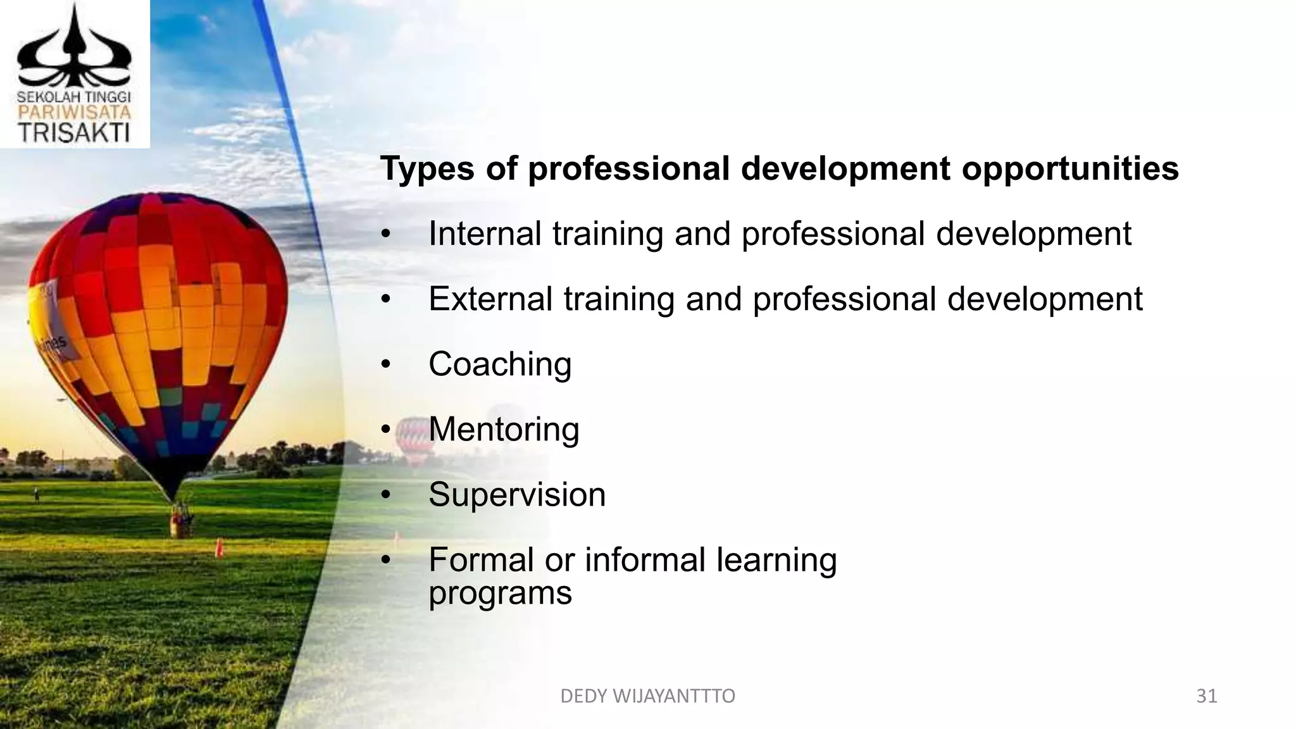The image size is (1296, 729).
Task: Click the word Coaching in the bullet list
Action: pyautogui.click(x=500, y=364)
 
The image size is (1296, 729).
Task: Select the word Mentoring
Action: pyautogui.click(x=504, y=430)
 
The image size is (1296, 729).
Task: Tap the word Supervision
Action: pyautogui.click(x=517, y=495)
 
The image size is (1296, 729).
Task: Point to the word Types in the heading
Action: pyautogui.click(x=427, y=169)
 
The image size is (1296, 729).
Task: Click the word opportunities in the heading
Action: pyautogui.click(x=1070, y=169)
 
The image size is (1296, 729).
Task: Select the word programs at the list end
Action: pyautogui.click(x=500, y=594)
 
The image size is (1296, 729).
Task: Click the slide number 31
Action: pyautogui.click(x=1207, y=696)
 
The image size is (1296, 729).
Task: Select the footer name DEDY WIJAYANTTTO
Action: pyautogui.click(x=647, y=696)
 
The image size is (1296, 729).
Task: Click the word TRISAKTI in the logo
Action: pyautogui.click(x=74, y=133)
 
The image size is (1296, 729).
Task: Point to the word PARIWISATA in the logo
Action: pyautogui.click(x=74, y=113)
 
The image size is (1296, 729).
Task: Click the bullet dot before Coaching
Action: pyautogui.click(x=386, y=365)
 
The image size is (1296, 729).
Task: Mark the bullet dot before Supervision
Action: pyautogui.click(x=386, y=495)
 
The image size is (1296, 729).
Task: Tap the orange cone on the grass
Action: pyautogui.click(x=220, y=547)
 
